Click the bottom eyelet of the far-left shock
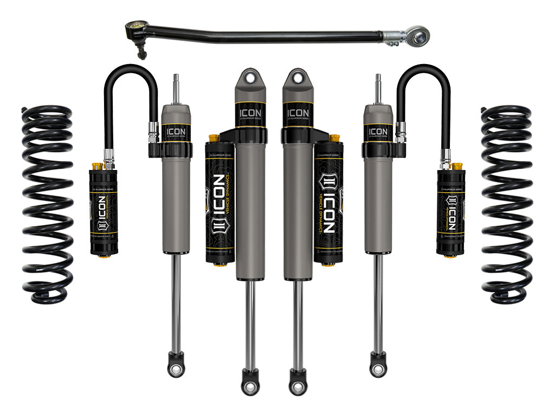pos(176,370)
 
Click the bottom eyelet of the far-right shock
pos(378,370)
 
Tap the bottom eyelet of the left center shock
pos(250,386)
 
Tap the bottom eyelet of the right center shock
pos(298,386)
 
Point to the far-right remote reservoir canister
pos(451,212)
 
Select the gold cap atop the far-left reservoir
pos(98,165)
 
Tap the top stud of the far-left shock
pos(176,87)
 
